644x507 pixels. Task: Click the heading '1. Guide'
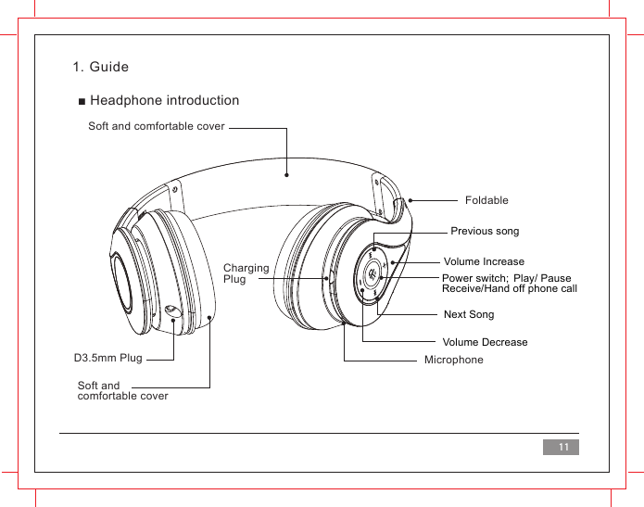coord(101,68)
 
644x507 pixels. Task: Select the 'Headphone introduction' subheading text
coord(164,100)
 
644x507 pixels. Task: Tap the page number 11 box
coord(561,448)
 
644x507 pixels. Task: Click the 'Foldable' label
coord(486,200)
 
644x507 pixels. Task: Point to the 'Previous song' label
coord(485,231)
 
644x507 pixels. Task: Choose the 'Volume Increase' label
coord(484,261)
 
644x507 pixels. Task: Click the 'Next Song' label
coord(469,315)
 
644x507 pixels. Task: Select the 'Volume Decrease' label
coord(485,342)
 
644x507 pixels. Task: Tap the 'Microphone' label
coord(453,359)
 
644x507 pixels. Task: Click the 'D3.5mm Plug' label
coord(107,358)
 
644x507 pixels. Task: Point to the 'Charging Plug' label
coord(246,273)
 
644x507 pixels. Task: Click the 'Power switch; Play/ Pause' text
coord(507,278)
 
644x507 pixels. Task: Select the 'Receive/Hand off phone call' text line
coord(510,289)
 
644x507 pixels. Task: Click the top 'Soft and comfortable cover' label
coord(157,125)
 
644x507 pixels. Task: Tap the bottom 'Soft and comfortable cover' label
coord(122,390)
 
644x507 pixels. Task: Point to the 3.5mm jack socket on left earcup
coord(172,311)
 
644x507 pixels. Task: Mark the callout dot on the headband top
coord(287,173)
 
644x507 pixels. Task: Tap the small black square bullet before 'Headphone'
coord(82,101)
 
